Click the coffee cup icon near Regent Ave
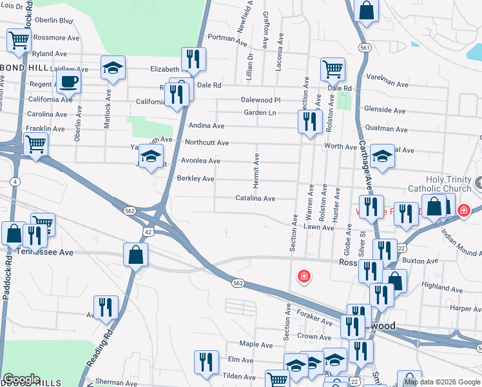click(68, 82)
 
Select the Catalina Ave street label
click(255, 199)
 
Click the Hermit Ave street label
click(256, 171)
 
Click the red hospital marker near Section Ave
click(303, 277)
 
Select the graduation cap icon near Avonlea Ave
click(151, 157)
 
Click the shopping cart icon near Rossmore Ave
click(19, 41)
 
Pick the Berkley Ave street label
click(195, 179)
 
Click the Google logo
click(21, 379)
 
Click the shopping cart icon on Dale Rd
click(333, 68)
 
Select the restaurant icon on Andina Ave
click(310, 121)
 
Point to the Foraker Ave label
click(314, 315)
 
